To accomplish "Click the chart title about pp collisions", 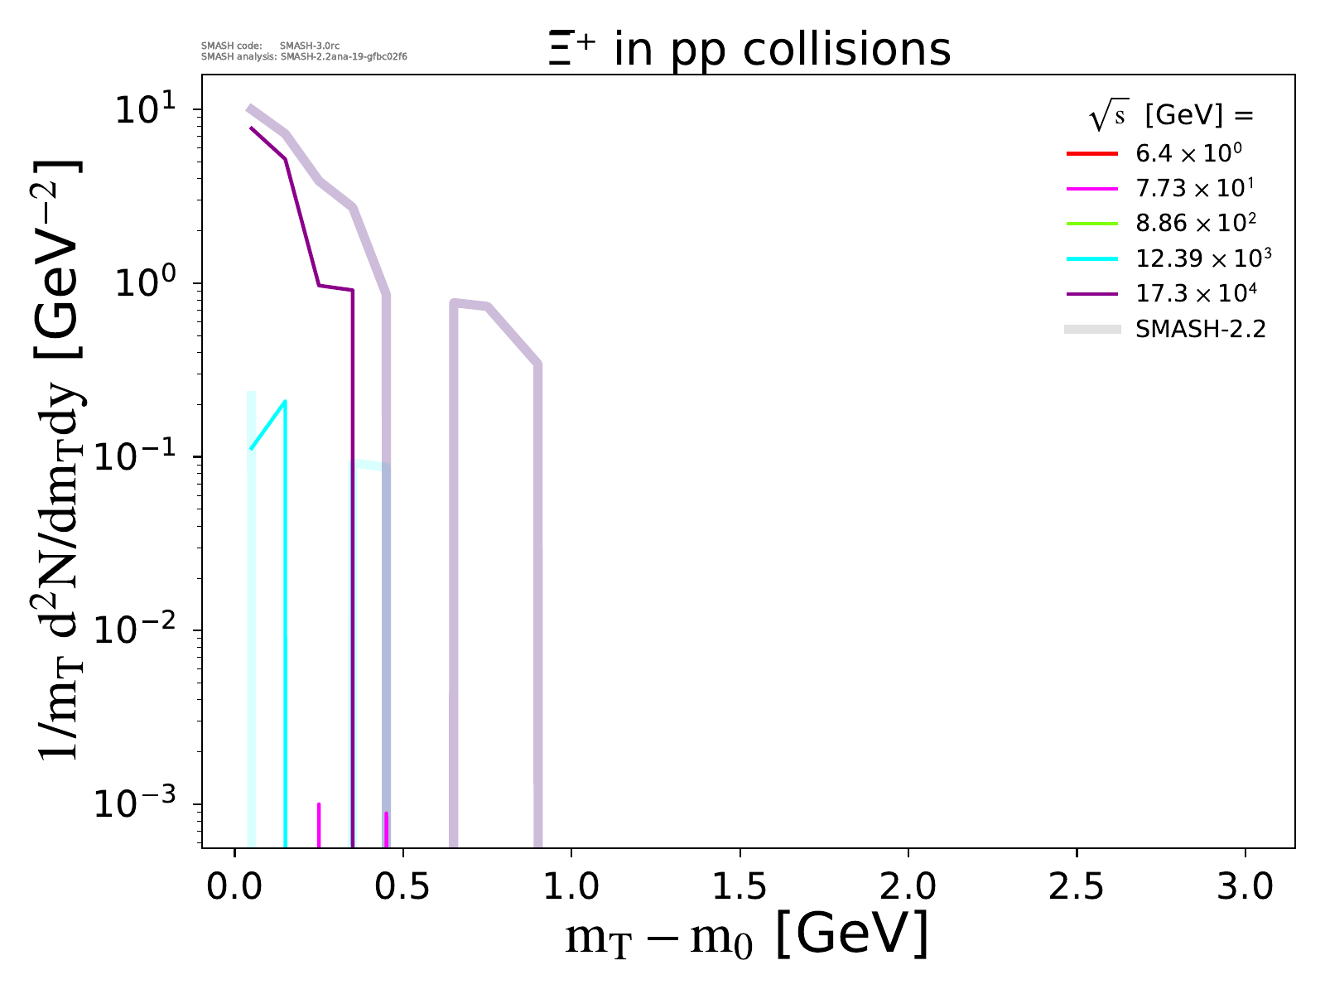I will tap(749, 50).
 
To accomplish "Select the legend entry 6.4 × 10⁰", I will tap(1188, 154).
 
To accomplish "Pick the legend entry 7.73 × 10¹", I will tap(1194, 189).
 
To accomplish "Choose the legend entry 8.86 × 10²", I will tap(1196, 224).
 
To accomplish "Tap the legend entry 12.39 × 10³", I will tap(1202, 258).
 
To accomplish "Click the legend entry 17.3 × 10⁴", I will tap(1196, 293).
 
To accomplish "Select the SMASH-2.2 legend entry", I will tap(1200, 330).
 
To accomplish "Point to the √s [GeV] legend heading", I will tap(1171, 116).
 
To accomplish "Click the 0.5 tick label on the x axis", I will tap(402, 886).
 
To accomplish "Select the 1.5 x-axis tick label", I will tap(740, 886).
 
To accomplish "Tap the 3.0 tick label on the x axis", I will tap(1245, 886).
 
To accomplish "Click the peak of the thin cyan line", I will tap(285, 402).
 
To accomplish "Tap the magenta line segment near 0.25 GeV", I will tap(319, 824).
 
